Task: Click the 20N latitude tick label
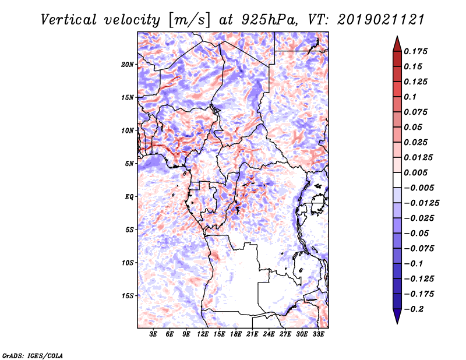pos(128,64)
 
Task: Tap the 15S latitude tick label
pos(128,296)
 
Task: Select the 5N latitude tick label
pos(129,164)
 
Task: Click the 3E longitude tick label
pos(154,335)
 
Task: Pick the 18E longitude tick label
pos(236,335)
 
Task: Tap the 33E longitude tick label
pos(318,335)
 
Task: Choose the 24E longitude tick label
pos(269,335)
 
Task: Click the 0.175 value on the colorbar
pos(418,51)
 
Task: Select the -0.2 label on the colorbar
pos(414,309)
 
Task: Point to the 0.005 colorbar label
pos(418,172)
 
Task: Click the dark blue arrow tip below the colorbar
pos(396,319)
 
